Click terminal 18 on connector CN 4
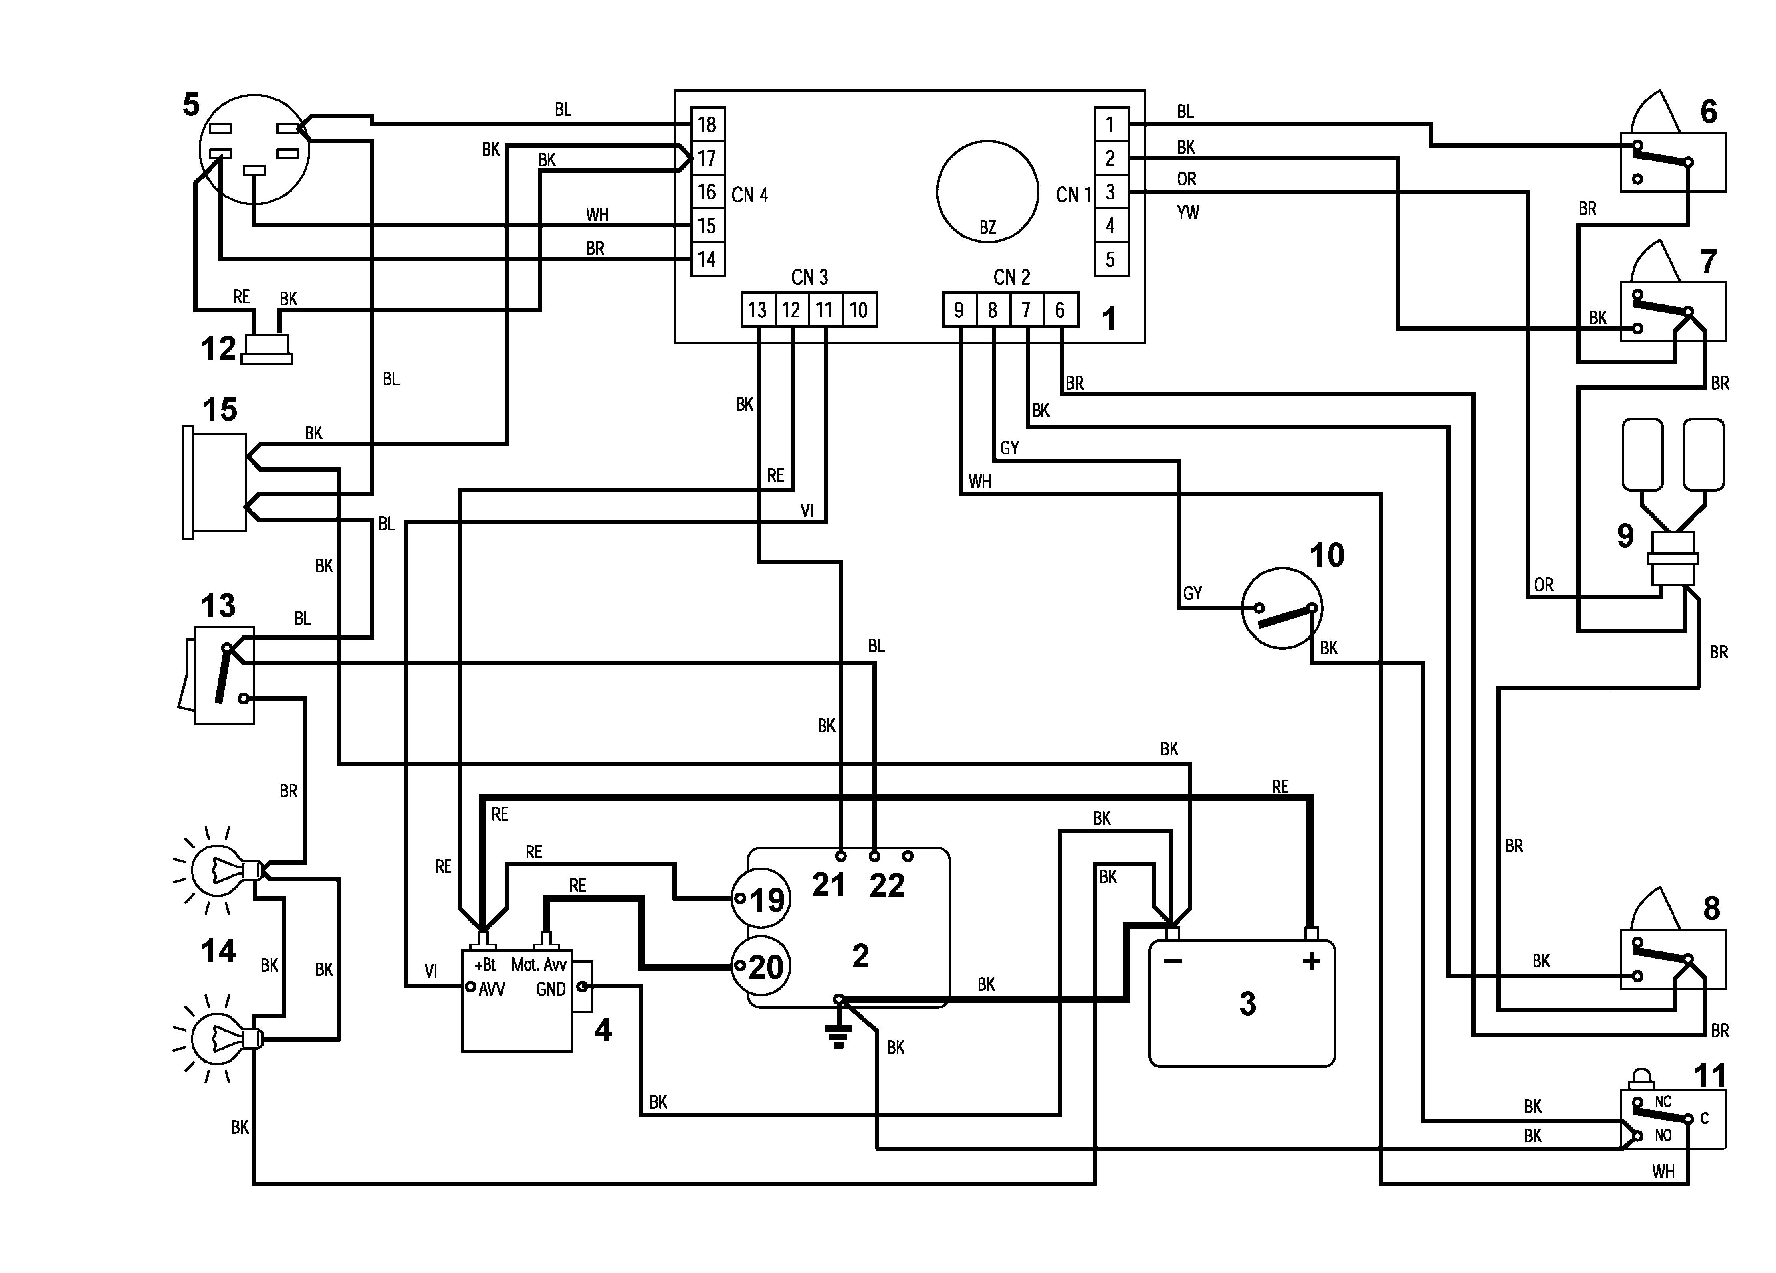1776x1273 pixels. click(707, 125)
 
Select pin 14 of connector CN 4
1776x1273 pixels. click(707, 259)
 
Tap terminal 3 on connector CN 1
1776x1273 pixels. click(1110, 192)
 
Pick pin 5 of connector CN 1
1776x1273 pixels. click(1110, 259)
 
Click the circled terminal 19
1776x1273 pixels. click(760, 899)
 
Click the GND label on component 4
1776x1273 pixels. click(551, 990)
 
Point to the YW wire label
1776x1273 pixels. click(1188, 212)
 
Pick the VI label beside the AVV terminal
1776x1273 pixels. click(431, 972)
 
